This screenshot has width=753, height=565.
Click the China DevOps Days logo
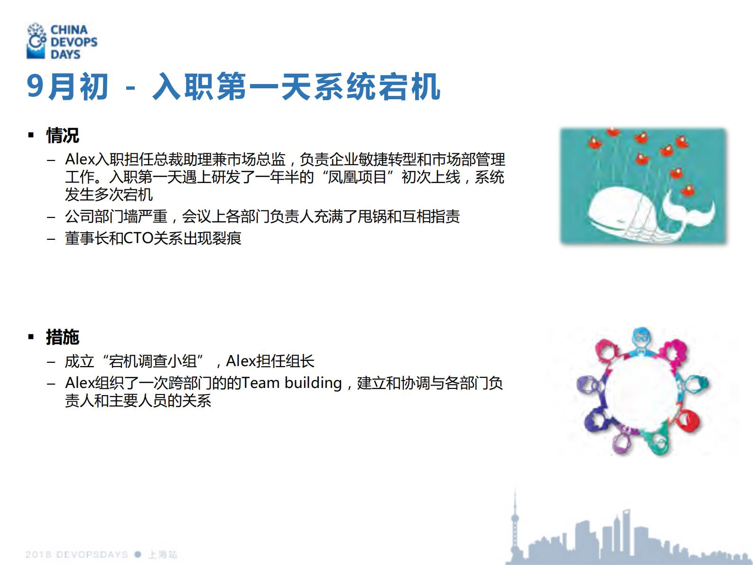pyautogui.click(x=62, y=42)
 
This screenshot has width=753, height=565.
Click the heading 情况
pyautogui.click(x=62, y=135)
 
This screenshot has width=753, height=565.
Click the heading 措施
pyautogui.click(x=62, y=337)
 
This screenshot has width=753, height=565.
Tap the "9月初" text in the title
pyautogui.click(x=67, y=87)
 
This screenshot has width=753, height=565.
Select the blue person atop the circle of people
pyautogui.click(x=641, y=339)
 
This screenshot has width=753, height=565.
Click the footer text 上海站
pyautogui.click(x=163, y=555)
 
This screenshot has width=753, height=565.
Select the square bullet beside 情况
pyautogui.click(x=31, y=135)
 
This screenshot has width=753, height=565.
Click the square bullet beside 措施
pyautogui.click(x=31, y=337)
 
